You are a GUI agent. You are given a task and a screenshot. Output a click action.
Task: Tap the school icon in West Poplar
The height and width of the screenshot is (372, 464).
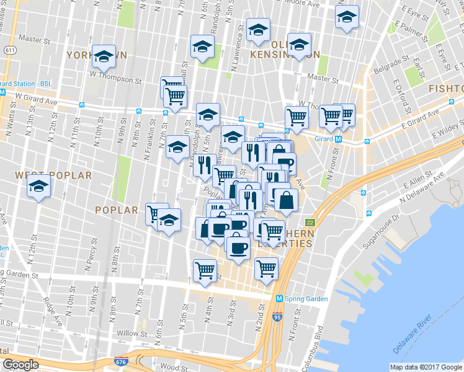(39, 185)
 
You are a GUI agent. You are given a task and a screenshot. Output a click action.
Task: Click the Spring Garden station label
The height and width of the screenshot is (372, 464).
(306, 299)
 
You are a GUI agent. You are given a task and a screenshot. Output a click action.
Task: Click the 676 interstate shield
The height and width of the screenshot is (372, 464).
(120, 360)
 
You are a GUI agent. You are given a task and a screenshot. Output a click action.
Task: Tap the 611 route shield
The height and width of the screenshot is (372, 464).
(9, 49)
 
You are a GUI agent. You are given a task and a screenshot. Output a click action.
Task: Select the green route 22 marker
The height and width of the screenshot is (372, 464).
(309, 222)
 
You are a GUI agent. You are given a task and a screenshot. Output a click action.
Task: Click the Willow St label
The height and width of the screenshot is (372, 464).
(132, 333)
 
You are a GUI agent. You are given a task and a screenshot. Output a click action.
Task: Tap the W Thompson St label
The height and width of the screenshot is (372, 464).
(112, 79)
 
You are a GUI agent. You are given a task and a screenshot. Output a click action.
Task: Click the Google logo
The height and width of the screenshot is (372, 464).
(21, 365)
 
